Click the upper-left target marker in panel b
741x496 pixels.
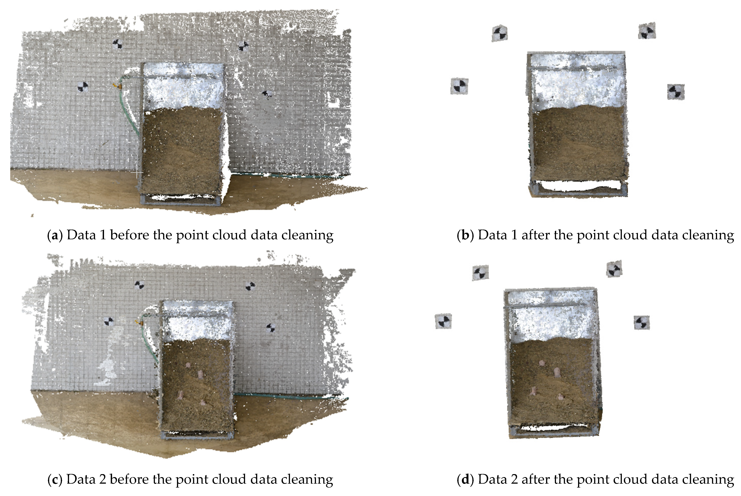500,33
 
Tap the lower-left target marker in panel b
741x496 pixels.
459,86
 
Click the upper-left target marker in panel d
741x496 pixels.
480,273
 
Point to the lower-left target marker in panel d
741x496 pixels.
443,321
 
